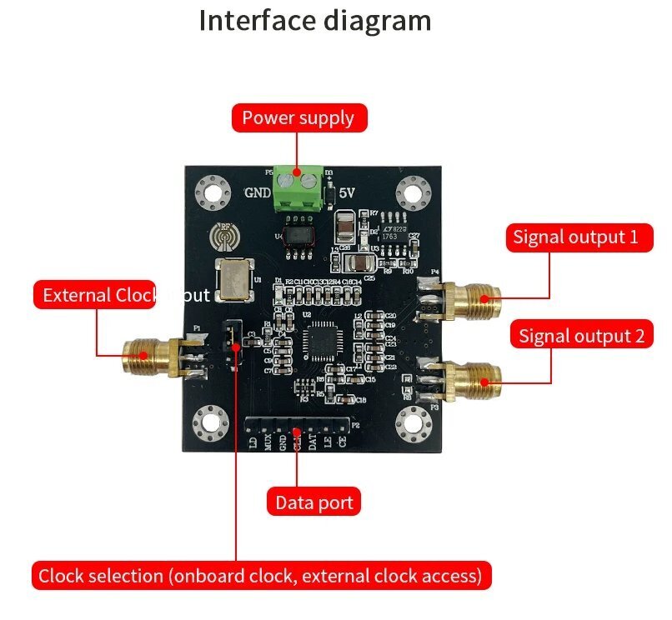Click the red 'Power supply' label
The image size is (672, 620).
pos(298,118)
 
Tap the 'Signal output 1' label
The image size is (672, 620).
pos(575,237)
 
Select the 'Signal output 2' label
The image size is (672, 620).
pos(581,337)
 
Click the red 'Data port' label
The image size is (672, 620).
pos(314,502)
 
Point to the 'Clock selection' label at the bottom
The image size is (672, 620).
pos(260,576)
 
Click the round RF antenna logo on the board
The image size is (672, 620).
pos(223,236)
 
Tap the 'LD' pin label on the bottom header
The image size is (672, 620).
pos(253,443)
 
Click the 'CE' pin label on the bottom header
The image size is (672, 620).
pos(342,443)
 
